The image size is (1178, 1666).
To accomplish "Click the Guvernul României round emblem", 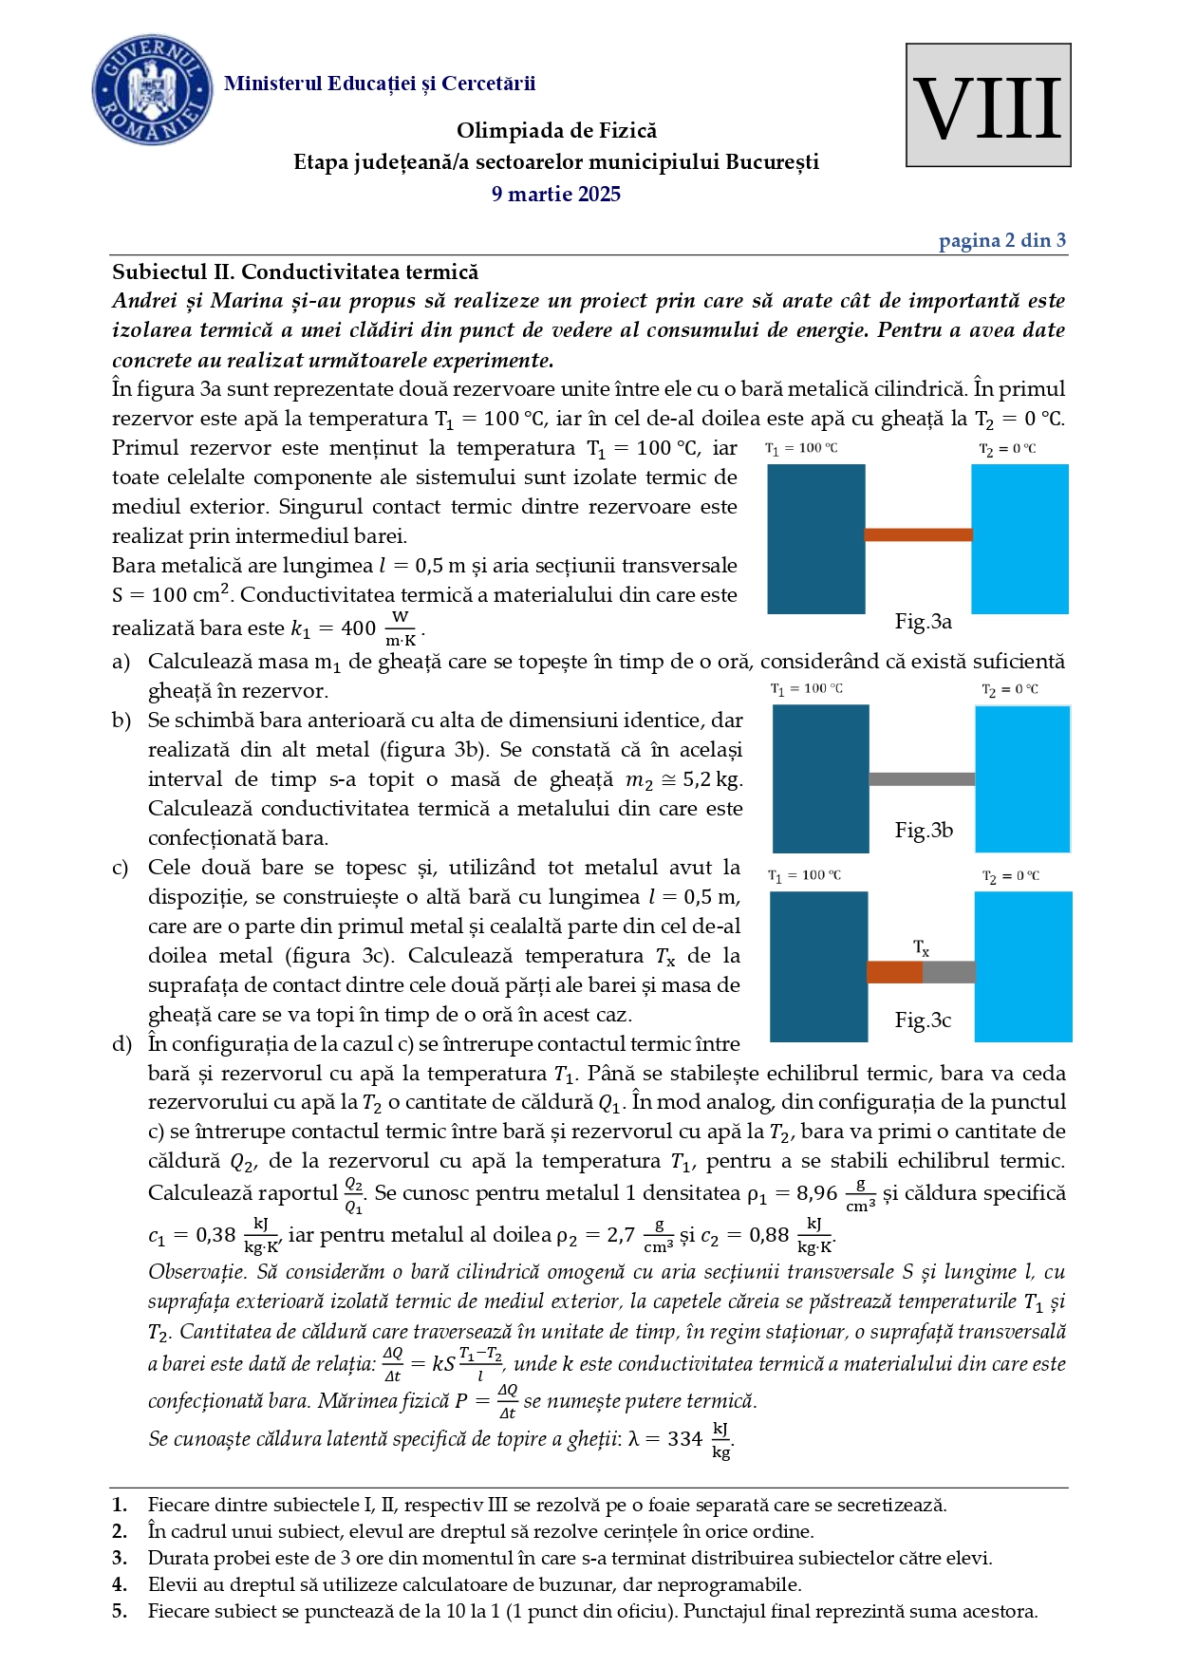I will tap(152, 91).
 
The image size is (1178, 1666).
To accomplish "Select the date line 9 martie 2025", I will tap(556, 195).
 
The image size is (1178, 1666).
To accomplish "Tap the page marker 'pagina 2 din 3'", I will tap(1001, 240).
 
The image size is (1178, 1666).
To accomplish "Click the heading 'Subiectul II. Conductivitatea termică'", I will tap(295, 272).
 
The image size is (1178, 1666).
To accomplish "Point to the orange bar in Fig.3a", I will tap(918, 534).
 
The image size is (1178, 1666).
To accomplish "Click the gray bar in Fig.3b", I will tap(922, 779).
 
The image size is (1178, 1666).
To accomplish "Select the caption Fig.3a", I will tap(923, 622).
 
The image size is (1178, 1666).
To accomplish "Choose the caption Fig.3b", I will tap(923, 831).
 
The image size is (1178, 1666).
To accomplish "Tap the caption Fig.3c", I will tap(923, 1020).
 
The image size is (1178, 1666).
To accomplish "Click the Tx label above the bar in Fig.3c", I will tap(921, 947).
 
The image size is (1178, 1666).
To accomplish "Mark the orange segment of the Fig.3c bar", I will tap(894, 972).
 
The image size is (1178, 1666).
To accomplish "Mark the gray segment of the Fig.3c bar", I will tap(948, 972).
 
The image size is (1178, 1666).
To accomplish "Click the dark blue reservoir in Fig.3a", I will tap(815, 538).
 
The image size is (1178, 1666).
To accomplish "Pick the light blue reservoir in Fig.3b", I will tap(1022, 778).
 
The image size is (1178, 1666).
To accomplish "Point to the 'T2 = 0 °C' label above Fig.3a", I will tap(1008, 449).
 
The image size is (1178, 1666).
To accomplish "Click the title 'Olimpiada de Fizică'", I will tap(556, 131).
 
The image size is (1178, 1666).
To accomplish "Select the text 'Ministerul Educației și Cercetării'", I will tap(380, 84).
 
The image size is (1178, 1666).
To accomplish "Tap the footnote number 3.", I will tap(120, 1558).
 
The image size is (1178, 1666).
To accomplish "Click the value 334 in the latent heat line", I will tap(684, 1439).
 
